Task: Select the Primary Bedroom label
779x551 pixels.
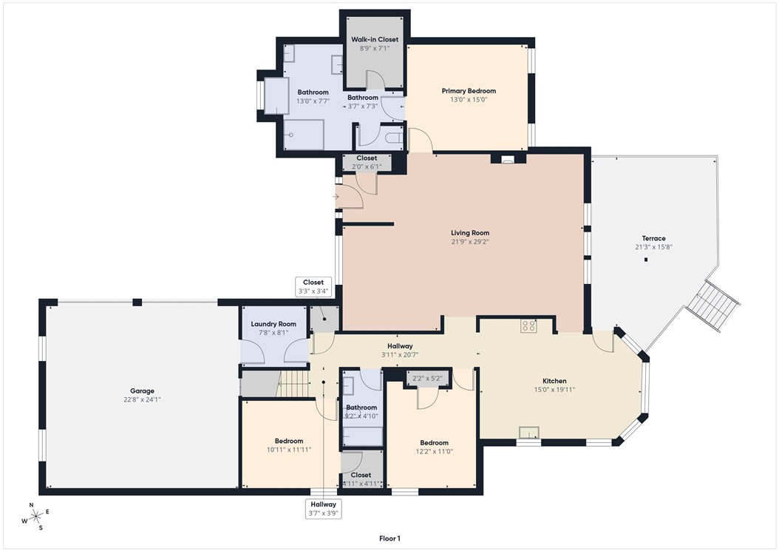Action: tap(469, 91)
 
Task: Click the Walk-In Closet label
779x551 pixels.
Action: tap(375, 39)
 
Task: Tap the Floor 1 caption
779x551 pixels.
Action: tap(389, 538)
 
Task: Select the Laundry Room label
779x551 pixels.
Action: tap(273, 324)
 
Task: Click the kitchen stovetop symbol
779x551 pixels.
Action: tap(528, 325)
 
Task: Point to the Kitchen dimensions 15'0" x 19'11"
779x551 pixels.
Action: tap(559, 390)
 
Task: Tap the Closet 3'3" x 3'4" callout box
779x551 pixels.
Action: tap(313, 287)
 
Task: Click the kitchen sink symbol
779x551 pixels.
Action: tap(528, 433)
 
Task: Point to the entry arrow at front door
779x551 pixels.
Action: tap(336, 197)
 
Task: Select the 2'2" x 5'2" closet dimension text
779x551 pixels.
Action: tap(428, 378)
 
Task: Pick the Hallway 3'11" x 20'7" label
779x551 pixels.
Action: tap(400, 346)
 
